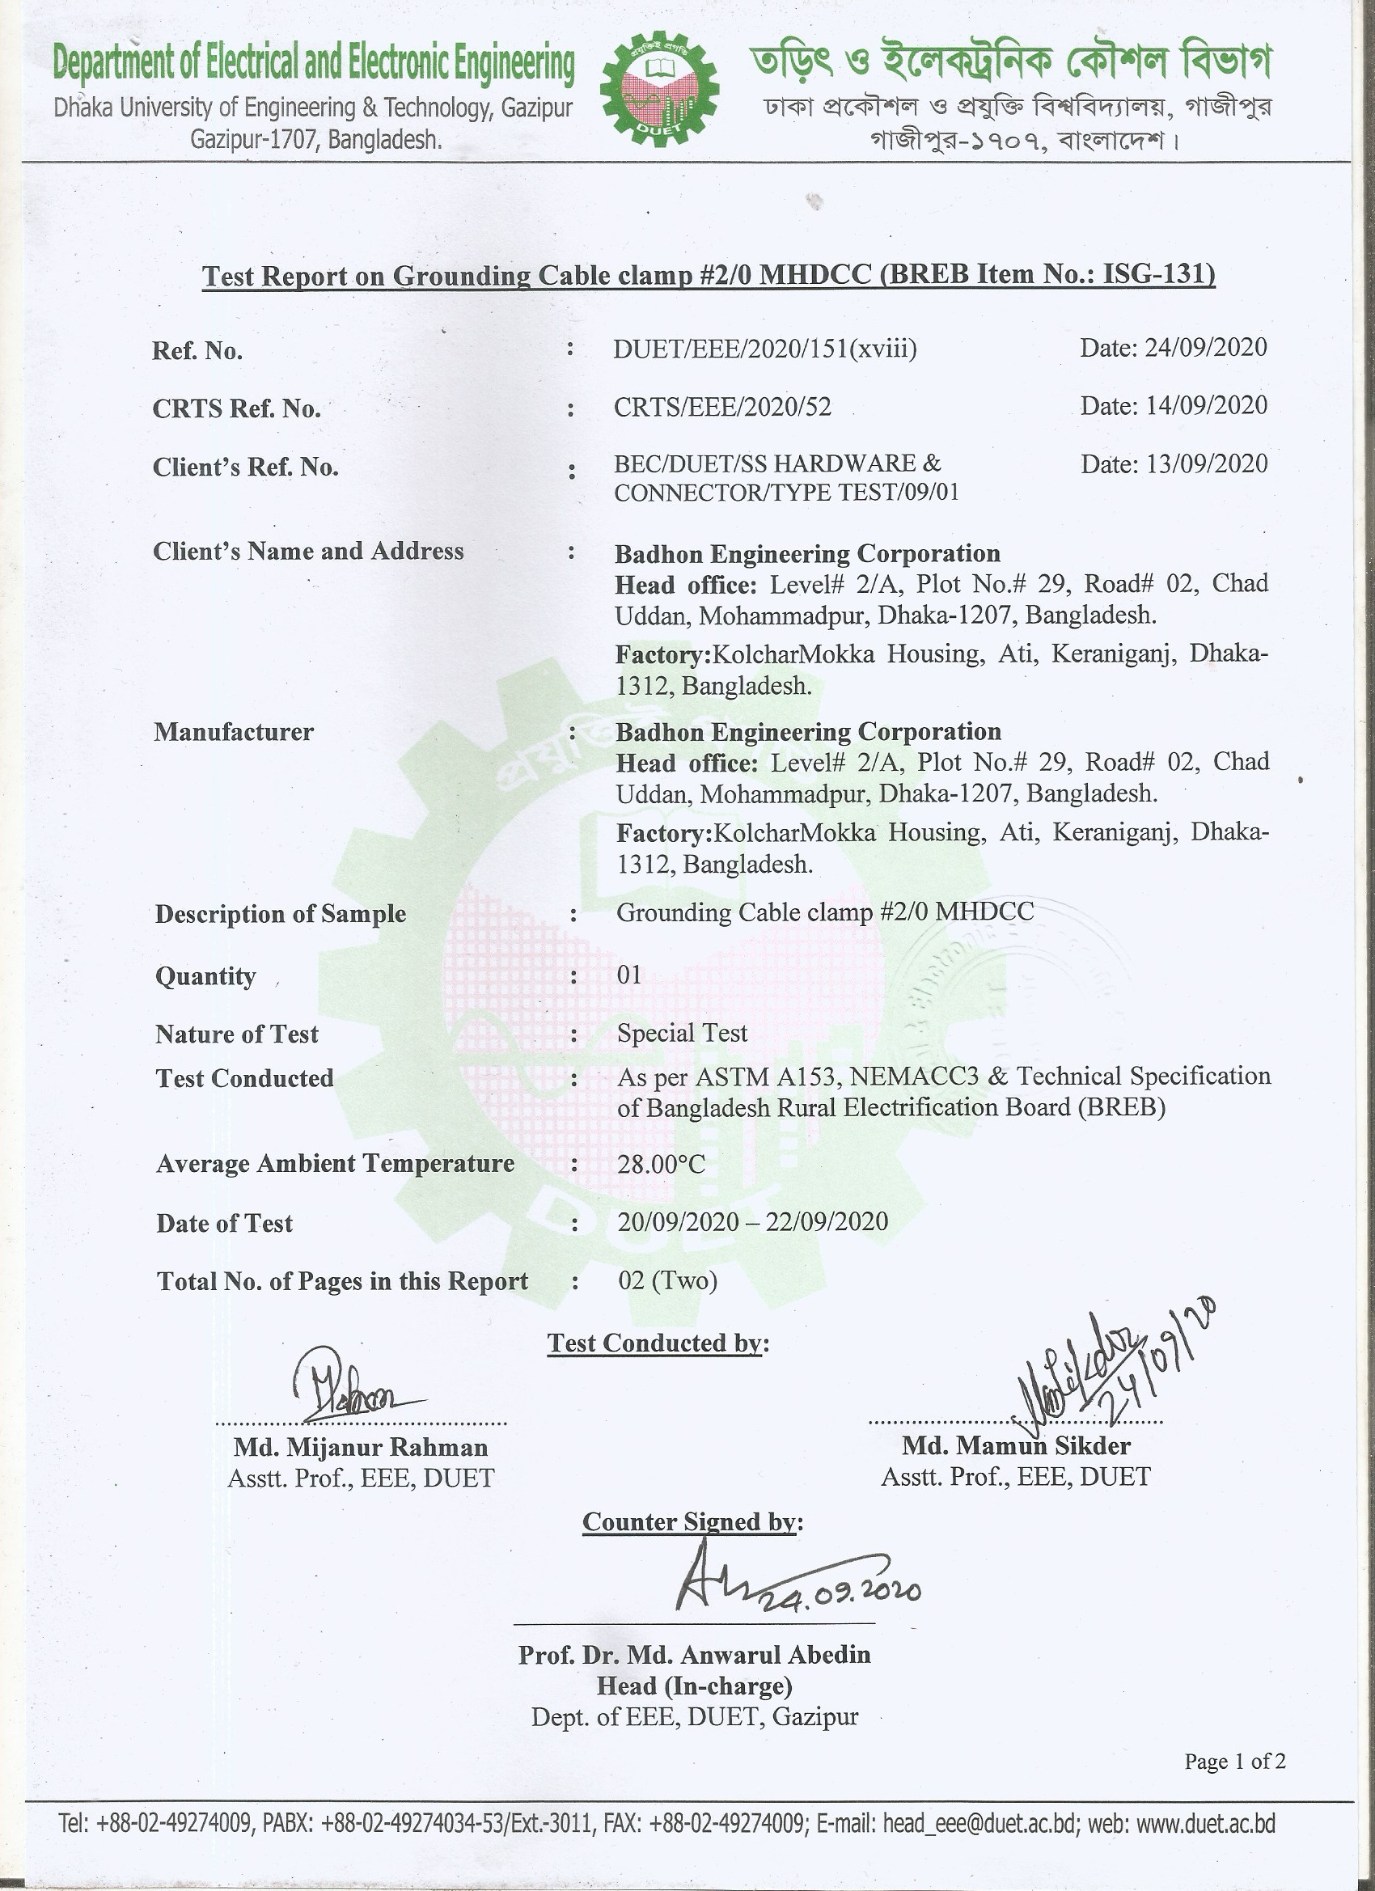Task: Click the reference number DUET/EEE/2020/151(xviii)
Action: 764,349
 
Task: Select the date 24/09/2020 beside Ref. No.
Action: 1174,347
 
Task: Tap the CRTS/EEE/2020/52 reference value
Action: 722,407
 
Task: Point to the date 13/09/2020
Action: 1174,463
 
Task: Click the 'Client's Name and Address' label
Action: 307,551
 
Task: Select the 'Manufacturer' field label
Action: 234,732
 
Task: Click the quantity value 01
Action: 629,975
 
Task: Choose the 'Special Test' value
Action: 682,1033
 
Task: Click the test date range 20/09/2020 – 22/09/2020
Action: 752,1221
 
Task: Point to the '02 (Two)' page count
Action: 668,1280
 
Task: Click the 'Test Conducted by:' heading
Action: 658,1343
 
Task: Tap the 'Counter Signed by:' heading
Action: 692,1521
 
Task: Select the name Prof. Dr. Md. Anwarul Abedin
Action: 694,1654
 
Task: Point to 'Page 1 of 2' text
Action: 1234,1761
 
